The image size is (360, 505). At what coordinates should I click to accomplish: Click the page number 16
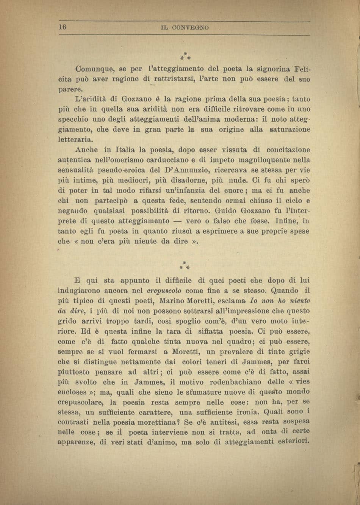coord(63,27)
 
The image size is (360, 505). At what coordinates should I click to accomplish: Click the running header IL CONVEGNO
coord(185,28)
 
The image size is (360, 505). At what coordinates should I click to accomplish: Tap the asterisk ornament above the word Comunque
coord(185,56)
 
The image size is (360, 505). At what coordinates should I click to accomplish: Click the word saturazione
coord(290,129)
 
